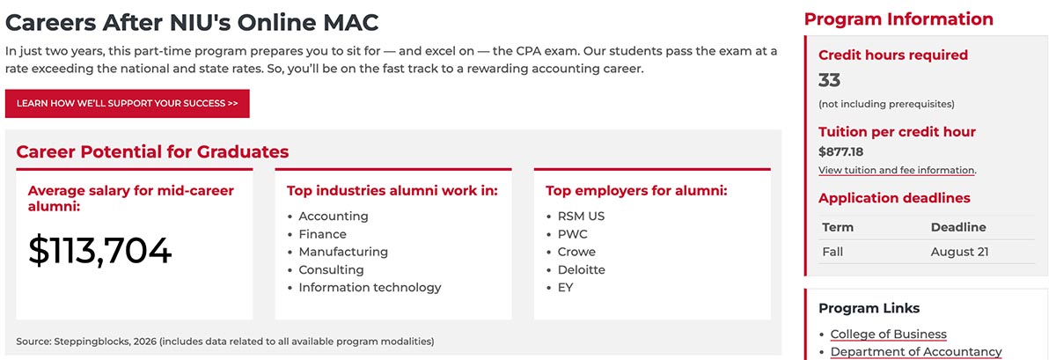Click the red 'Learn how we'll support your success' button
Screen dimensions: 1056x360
click(128, 103)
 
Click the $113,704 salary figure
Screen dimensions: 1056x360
click(100, 251)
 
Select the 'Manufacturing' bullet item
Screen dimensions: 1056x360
click(343, 252)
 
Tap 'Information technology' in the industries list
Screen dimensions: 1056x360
click(370, 287)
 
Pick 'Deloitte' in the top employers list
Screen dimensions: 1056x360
click(582, 270)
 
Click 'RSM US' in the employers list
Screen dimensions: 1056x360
click(581, 217)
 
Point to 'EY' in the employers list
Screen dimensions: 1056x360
click(565, 287)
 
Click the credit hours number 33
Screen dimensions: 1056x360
click(829, 80)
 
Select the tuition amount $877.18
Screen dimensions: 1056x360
click(840, 152)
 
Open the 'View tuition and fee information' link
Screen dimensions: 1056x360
click(897, 171)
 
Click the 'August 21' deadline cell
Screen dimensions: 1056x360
click(959, 252)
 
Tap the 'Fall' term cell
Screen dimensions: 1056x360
click(832, 252)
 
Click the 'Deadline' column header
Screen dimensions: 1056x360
click(958, 227)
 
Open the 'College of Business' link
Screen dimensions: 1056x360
click(888, 334)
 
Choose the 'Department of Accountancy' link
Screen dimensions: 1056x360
click(916, 352)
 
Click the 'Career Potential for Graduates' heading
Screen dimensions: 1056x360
click(152, 152)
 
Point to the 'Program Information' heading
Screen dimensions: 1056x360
click(898, 19)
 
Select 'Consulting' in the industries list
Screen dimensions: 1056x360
click(331, 270)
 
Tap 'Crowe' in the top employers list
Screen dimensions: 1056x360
click(576, 252)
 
